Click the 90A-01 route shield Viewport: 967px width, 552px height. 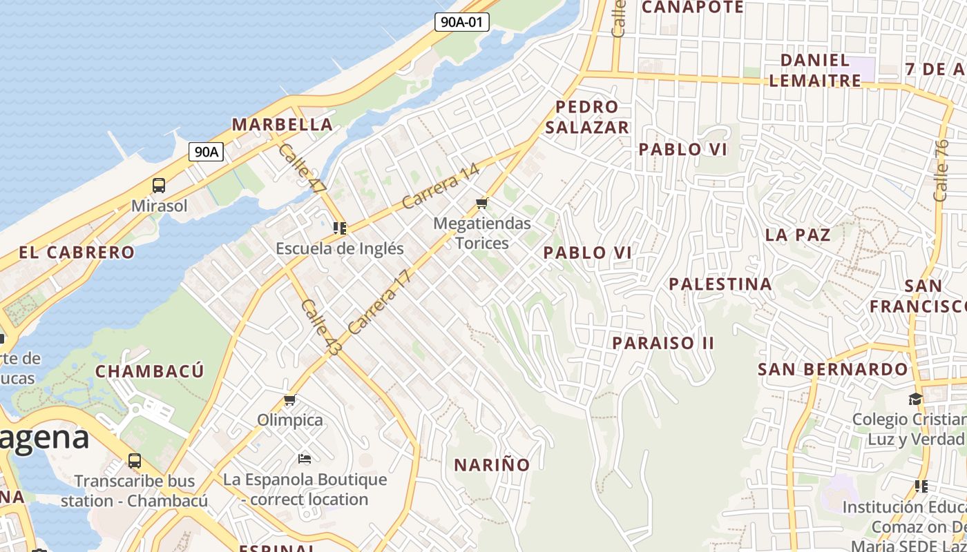click(462, 22)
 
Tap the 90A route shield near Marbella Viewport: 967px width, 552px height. click(206, 152)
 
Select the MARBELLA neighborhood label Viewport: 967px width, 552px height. click(282, 125)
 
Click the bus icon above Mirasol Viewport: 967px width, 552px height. click(159, 185)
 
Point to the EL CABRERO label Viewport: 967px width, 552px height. click(77, 253)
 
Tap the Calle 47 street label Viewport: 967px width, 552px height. click(303, 168)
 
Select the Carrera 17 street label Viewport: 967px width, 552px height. click(379, 302)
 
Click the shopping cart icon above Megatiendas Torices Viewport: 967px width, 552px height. click(482, 203)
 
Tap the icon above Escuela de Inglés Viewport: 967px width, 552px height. click(339, 228)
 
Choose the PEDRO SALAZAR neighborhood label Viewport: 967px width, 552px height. click(586, 117)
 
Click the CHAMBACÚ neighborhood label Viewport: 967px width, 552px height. click(149, 371)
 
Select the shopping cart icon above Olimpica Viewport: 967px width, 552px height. click(290, 400)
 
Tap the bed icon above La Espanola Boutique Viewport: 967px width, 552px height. click(305, 458)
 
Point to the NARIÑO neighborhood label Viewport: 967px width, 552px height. click(492, 465)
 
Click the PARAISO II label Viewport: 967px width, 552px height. click(663, 343)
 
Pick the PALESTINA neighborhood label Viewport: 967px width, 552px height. click(720, 284)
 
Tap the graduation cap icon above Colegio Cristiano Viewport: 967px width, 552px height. click(915, 400)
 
